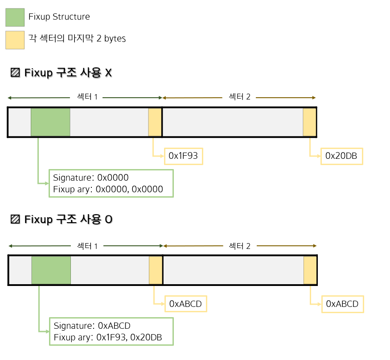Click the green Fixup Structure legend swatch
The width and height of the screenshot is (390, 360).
point(15,17)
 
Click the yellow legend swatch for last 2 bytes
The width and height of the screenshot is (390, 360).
point(15,39)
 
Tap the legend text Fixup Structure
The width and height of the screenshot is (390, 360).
point(59,17)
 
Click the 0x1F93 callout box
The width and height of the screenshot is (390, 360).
point(183,156)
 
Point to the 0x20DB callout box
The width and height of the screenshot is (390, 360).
point(341,156)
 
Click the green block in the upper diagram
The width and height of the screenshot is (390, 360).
point(50,122)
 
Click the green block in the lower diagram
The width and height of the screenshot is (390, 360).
point(51,269)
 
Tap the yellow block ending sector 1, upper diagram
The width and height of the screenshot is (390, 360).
point(155,122)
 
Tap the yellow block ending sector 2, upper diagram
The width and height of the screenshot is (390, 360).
point(309,122)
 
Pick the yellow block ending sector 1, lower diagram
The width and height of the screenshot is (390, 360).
point(156,269)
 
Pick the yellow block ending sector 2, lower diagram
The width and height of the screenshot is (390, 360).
point(310,269)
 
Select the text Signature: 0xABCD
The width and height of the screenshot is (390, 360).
point(92,326)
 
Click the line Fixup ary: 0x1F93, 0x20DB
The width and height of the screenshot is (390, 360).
point(107,337)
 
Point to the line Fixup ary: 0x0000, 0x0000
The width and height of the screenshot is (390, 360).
point(108,189)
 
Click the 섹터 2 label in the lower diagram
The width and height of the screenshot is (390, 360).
point(240,246)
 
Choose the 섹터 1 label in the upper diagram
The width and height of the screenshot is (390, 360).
point(87,97)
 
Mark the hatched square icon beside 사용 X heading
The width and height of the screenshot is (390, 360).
point(15,73)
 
